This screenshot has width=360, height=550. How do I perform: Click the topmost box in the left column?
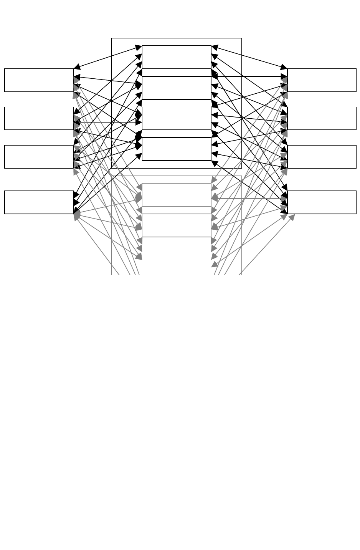pyautogui.click(x=39, y=80)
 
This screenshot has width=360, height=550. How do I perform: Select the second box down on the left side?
pyautogui.click(x=39, y=118)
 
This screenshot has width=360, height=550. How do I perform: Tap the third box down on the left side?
pyautogui.click(x=39, y=156)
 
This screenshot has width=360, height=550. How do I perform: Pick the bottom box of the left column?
pyautogui.click(x=39, y=202)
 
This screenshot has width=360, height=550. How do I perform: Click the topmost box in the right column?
pyautogui.click(x=322, y=80)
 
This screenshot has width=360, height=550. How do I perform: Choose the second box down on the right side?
pyautogui.click(x=322, y=118)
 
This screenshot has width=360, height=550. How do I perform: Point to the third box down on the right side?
pyautogui.click(x=322, y=156)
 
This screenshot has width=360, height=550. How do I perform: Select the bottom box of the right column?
pyautogui.click(x=322, y=202)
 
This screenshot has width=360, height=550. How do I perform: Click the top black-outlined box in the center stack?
pyautogui.click(x=177, y=57)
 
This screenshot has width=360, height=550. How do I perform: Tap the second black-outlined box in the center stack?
pyautogui.click(x=177, y=88)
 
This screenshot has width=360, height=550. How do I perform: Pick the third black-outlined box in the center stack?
pyautogui.click(x=177, y=118)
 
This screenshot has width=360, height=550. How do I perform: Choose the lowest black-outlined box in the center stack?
pyautogui.click(x=177, y=149)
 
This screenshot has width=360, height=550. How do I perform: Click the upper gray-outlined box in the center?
pyautogui.click(x=177, y=194)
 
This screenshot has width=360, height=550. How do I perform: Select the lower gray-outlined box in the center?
pyautogui.click(x=177, y=225)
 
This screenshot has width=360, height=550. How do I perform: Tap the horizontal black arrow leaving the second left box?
pyautogui.click(x=107, y=122)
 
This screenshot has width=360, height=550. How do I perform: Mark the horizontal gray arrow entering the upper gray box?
pyautogui.click(x=249, y=199)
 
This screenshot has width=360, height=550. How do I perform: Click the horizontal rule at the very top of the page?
pyautogui.click(x=180, y=9)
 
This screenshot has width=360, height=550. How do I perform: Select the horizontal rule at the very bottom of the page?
pyautogui.click(x=180, y=538)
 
